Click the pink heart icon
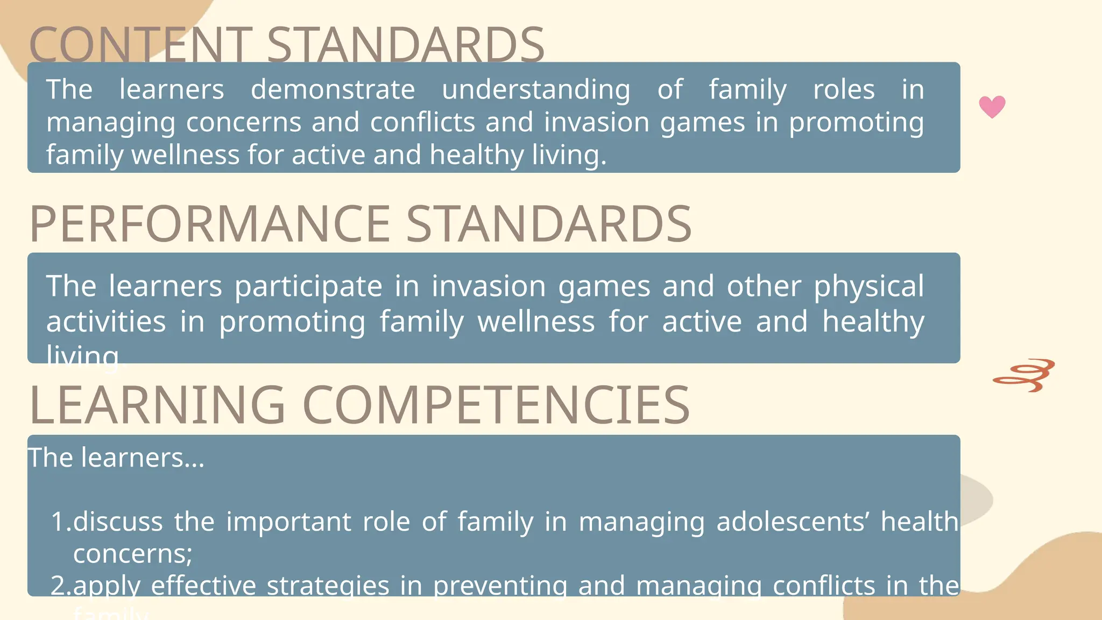coord(992,107)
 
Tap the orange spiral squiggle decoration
coord(1024,375)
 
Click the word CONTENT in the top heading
coord(141,45)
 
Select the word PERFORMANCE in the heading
coord(210,224)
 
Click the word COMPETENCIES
coord(496,405)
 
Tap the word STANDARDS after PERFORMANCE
coord(548,224)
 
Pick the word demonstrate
coord(333,89)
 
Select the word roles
coord(844,89)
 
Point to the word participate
coord(308,286)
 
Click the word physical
coord(868,286)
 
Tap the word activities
coord(106,322)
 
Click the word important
coord(288,522)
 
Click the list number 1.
coord(60,522)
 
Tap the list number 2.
coord(60,586)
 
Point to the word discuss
coord(118,522)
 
